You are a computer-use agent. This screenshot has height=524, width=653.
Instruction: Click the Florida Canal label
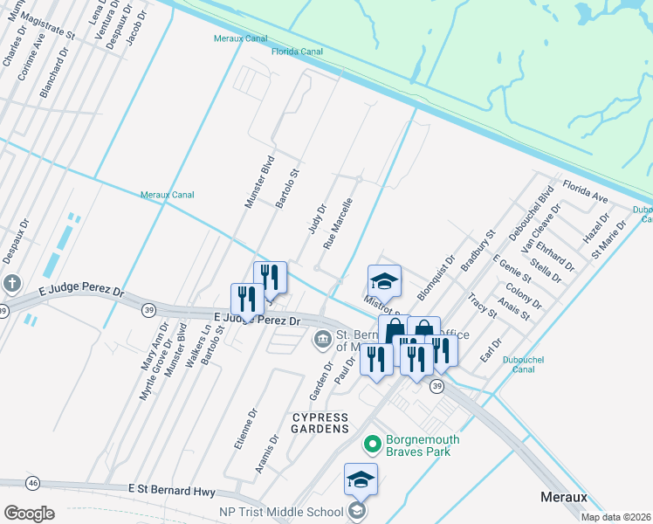click(x=296, y=52)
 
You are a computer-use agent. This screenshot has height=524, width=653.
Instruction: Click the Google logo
click(x=30, y=513)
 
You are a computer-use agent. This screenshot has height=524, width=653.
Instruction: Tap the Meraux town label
click(x=560, y=497)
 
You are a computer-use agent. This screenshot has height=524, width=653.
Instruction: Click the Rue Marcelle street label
click(x=338, y=224)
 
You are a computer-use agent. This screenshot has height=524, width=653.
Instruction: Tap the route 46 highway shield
click(x=33, y=482)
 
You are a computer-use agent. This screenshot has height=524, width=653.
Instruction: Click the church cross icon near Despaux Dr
click(x=12, y=284)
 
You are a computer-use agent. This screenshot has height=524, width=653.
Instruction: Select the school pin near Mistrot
click(x=384, y=281)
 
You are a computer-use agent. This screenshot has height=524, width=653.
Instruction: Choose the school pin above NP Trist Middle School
click(x=361, y=479)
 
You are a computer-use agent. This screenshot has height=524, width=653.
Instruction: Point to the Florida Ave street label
click(x=585, y=192)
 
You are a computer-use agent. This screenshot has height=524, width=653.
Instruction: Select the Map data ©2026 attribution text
click(x=615, y=517)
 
